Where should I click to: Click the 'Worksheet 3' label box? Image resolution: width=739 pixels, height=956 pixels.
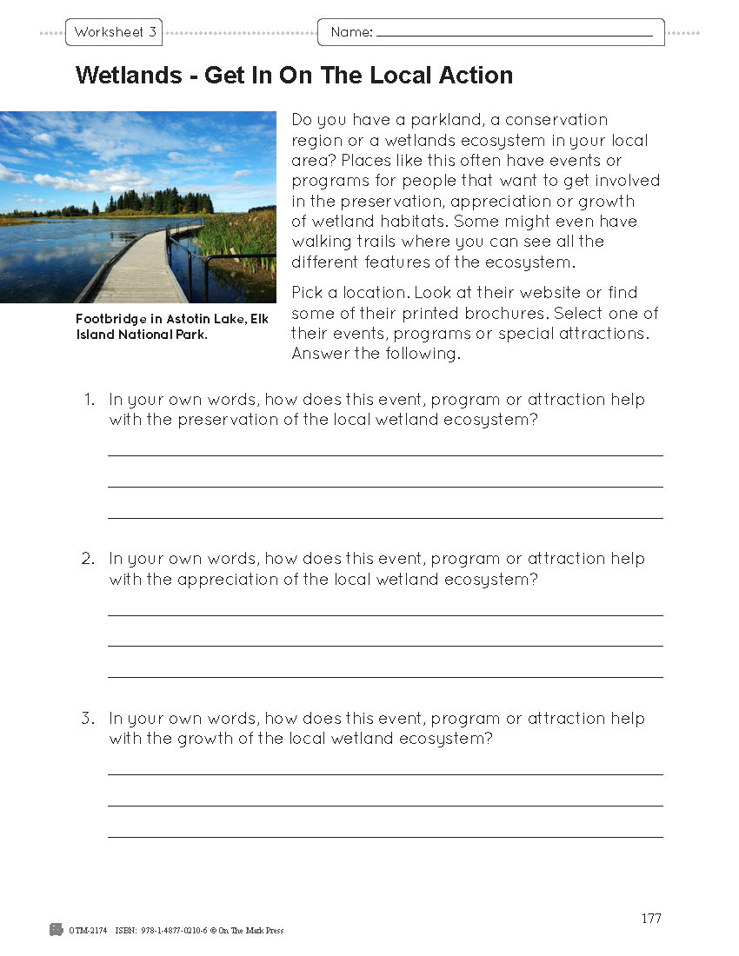(114, 33)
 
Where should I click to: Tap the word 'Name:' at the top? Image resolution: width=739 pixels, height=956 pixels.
(351, 33)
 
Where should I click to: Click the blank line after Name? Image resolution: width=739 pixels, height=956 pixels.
(514, 36)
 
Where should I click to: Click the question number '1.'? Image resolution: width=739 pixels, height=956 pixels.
(88, 400)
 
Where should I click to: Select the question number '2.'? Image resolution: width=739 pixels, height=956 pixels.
(88, 559)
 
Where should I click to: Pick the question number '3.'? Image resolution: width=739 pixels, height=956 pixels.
(88, 719)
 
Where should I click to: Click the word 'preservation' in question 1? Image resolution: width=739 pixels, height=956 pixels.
(225, 421)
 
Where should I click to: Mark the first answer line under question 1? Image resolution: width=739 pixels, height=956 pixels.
(384, 455)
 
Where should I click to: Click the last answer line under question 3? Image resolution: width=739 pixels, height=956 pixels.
(384, 837)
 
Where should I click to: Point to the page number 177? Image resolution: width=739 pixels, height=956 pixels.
(651, 919)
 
